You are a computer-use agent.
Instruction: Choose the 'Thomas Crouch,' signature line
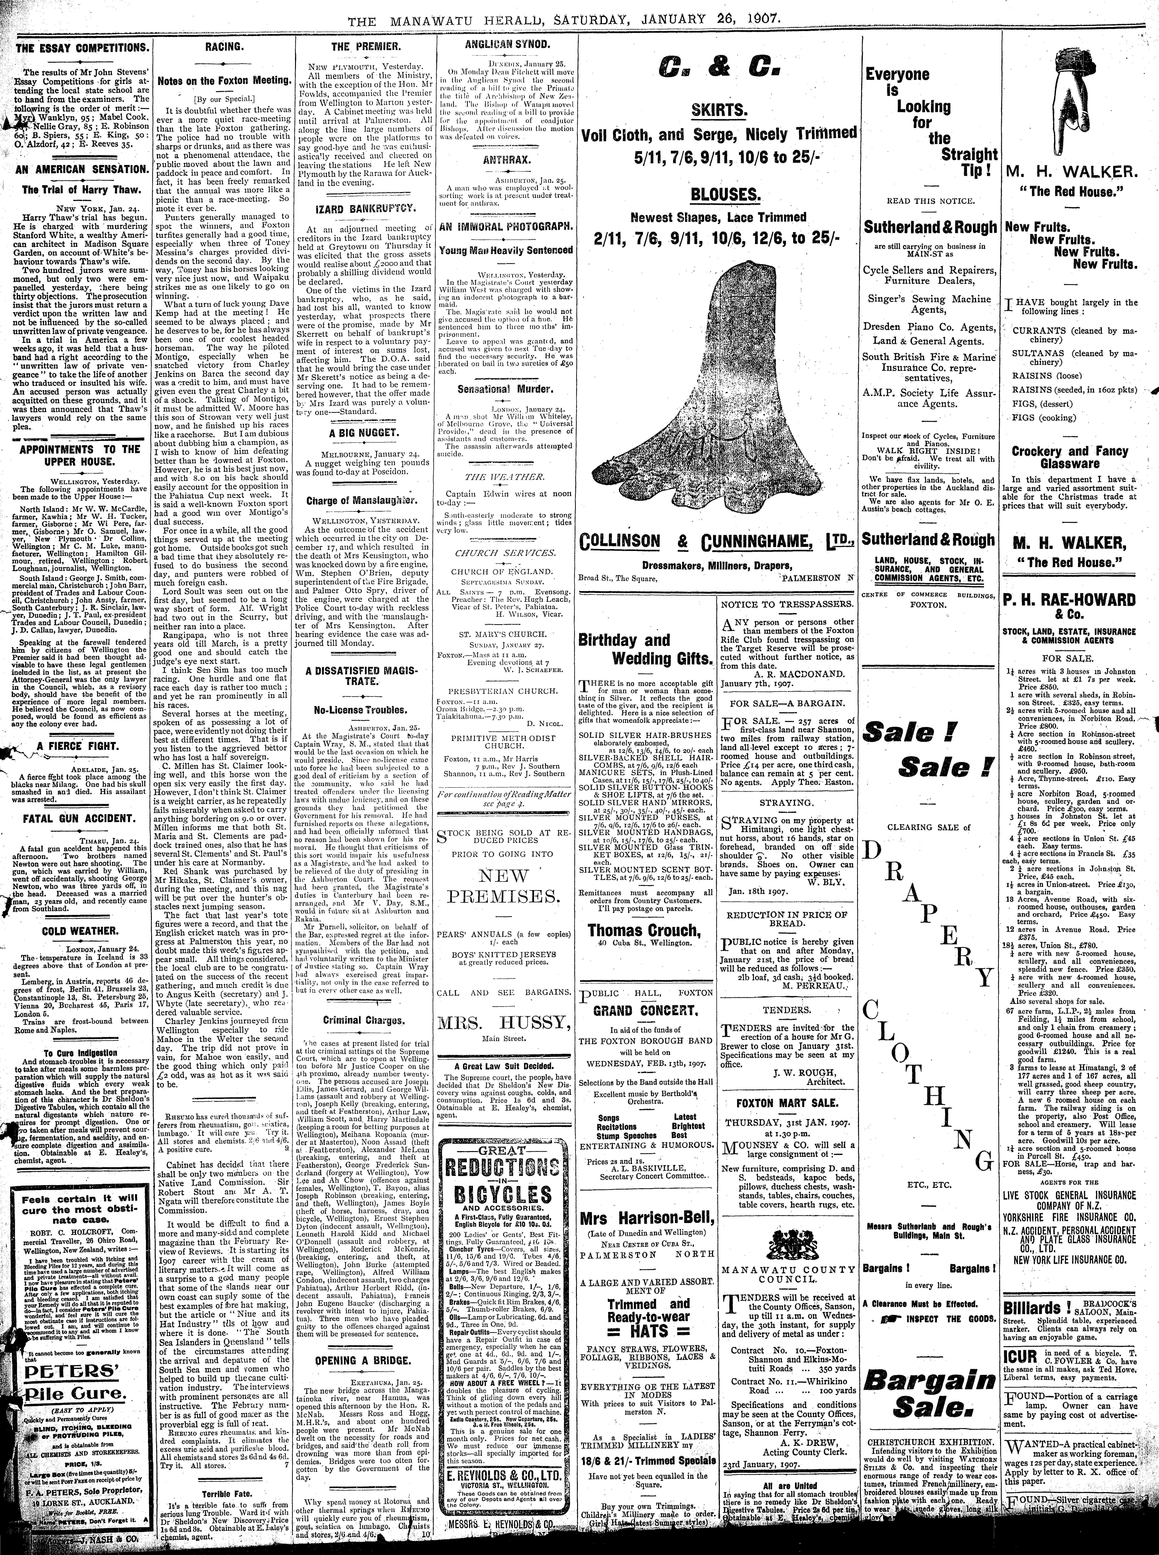pyautogui.click(x=643, y=930)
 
